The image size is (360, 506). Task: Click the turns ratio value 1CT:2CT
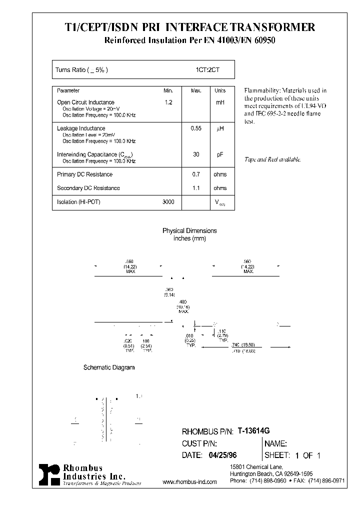coord(207,70)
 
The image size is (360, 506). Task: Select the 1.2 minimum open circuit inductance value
coord(168,102)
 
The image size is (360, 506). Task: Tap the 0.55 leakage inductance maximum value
coord(196,128)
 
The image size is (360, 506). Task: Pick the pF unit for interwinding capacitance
coord(220,155)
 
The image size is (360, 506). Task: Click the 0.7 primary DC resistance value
coord(196,174)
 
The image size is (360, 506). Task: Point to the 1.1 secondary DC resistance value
coord(196,188)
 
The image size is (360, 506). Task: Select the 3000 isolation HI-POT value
coord(168,201)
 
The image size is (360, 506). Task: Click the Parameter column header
coord(68,90)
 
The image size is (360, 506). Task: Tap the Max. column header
coord(196,90)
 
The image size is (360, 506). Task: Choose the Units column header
coord(220,90)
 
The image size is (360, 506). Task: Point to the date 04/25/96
coord(220,455)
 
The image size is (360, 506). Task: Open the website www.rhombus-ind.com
coord(190,482)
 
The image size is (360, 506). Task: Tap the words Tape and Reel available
coord(272,159)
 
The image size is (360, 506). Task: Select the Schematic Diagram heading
coord(108,367)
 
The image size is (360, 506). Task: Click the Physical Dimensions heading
coord(189,231)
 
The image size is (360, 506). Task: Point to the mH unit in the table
coord(220,102)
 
